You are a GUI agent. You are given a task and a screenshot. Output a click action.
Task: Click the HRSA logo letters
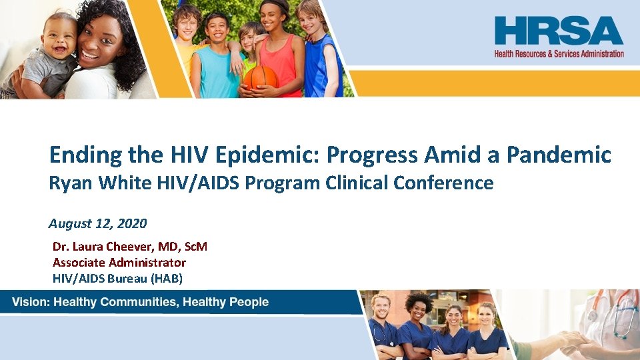pos(559,31)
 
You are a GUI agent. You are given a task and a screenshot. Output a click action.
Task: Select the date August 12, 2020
pos(98,223)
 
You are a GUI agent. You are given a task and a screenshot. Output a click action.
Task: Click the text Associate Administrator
pos(119,263)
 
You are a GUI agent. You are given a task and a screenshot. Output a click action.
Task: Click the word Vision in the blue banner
pos(31,302)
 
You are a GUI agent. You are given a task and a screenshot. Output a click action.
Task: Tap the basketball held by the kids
pos(259,79)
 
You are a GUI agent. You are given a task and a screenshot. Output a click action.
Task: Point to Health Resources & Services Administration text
pos(559,53)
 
